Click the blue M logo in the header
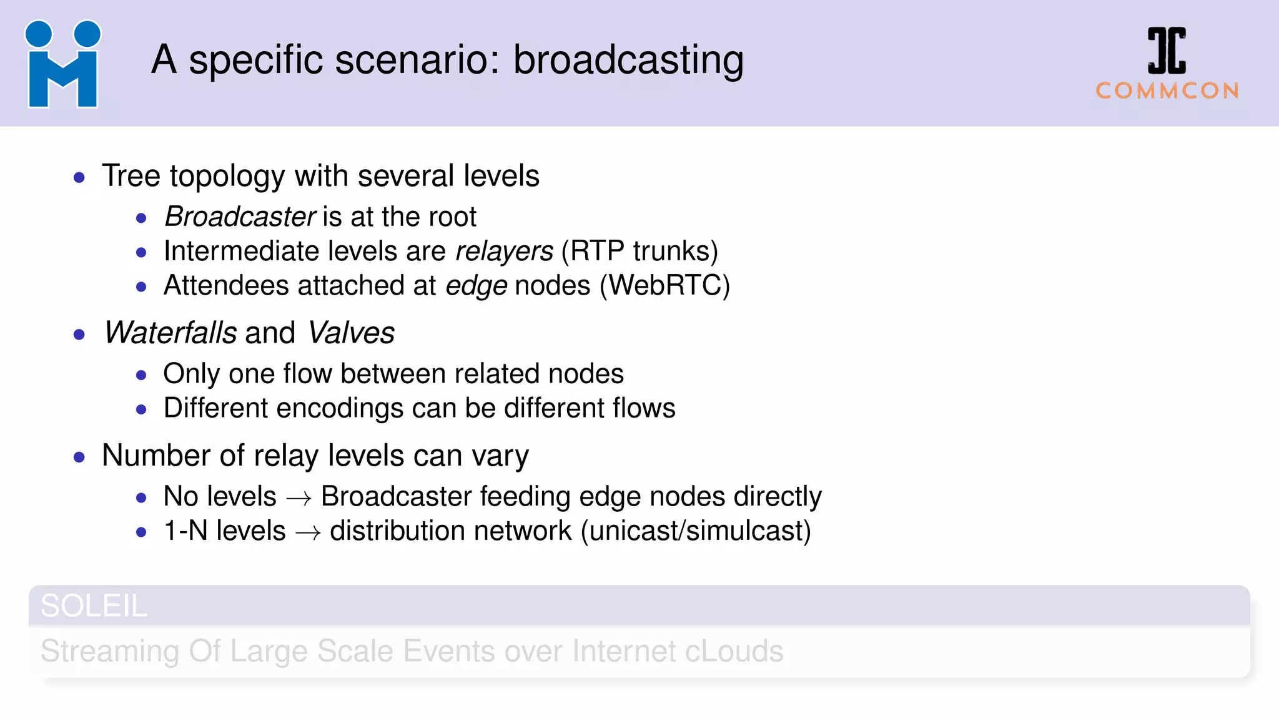pyautogui.click(x=62, y=65)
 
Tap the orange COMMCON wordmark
pyautogui.click(x=1167, y=91)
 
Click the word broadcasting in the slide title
pyautogui.click(x=628, y=61)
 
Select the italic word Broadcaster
pyautogui.click(x=240, y=217)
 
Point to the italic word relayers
pyautogui.click(x=504, y=252)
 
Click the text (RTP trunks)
pyautogui.click(x=639, y=252)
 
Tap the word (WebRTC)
pyautogui.click(x=664, y=286)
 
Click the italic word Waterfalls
pyautogui.click(x=170, y=333)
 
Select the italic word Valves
pyautogui.click(x=351, y=333)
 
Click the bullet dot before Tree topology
pyautogui.click(x=79, y=178)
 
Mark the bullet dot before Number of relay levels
pyautogui.click(x=79, y=457)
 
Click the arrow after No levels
pyautogui.click(x=299, y=498)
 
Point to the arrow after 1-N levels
pyautogui.click(x=308, y=532)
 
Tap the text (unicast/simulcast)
pyautogui.click(x=696, y=531)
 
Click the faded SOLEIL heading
pyautogui.click(x=94, y=606)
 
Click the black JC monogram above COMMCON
pyautogui.click(x=1166, y=51)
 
